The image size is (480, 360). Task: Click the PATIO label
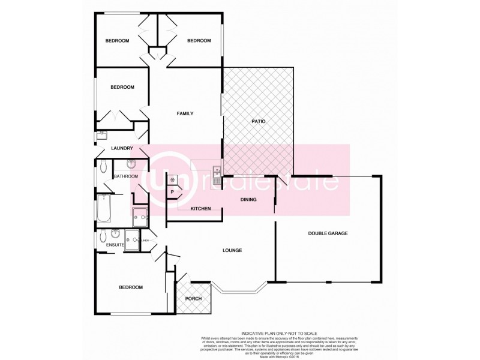pos(258,122)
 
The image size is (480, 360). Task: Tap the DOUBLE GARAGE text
pos(328,233)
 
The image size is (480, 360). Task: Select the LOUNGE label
pos(232,250)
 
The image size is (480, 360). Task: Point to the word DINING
pos(248,200)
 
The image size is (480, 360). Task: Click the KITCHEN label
pos(200,208)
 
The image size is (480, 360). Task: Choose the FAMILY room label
pos(184,113)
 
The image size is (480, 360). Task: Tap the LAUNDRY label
pos(121,148)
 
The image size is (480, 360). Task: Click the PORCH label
pos(193,299)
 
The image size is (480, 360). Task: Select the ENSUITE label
pos(115,245)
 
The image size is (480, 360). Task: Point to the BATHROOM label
pos(126,176)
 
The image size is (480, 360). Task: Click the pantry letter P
pos(172,192)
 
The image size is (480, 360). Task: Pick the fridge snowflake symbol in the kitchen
pos(173,179)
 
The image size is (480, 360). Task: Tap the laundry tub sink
pos(101,136)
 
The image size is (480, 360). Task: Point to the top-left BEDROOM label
pos(117,41)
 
